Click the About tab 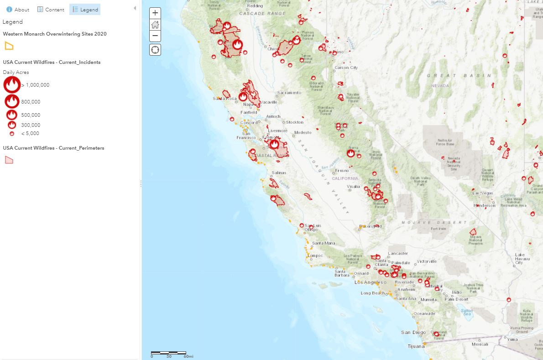point(18,10)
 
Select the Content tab point(51,10)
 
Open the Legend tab point(85,10)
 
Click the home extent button point(155,25)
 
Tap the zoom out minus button point(155,36)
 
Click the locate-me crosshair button point(155,50)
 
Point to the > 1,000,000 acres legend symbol point(12,85)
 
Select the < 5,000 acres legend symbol point(12,134)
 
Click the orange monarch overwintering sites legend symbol point(9,46)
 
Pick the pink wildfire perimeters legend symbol point(9,160)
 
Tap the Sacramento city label point(289,93)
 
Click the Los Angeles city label point(369,282)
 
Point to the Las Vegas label point(483,193)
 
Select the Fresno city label point(342,171)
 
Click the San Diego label point(413,333)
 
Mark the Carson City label point(346,68)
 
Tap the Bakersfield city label point(371,226)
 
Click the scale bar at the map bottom point(168,353)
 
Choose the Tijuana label point(416,346)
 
